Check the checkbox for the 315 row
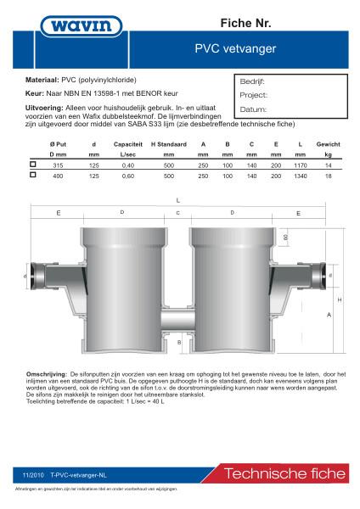pyautogui.click(x=32, y=165)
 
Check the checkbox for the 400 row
pyautogui.click(x=32, y=175)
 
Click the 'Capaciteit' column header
pyautogui.click(x=127, y=145)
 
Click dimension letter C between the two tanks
pyautogui.click(x=177, y=212)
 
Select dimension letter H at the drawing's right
pyautogui.click(x=340, y=299)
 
